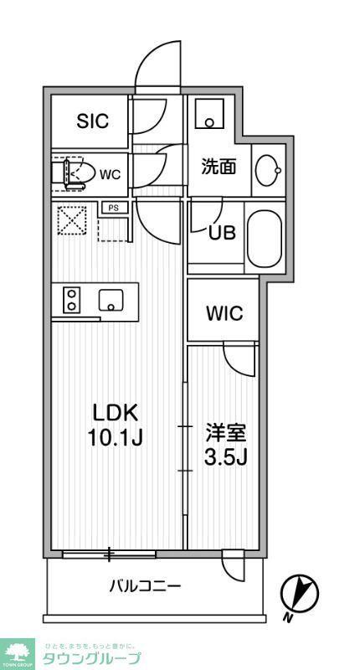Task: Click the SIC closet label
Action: click(92, 121)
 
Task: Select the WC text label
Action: click(111, 174)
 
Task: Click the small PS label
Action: click(112, 207)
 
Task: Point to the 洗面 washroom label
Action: click(219, 166)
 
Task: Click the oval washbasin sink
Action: click(270, 170)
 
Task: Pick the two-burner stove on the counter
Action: click(71, 300)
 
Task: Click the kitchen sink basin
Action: click(111, 300)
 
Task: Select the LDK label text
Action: click(114, 414)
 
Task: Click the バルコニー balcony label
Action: click(144, 585)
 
